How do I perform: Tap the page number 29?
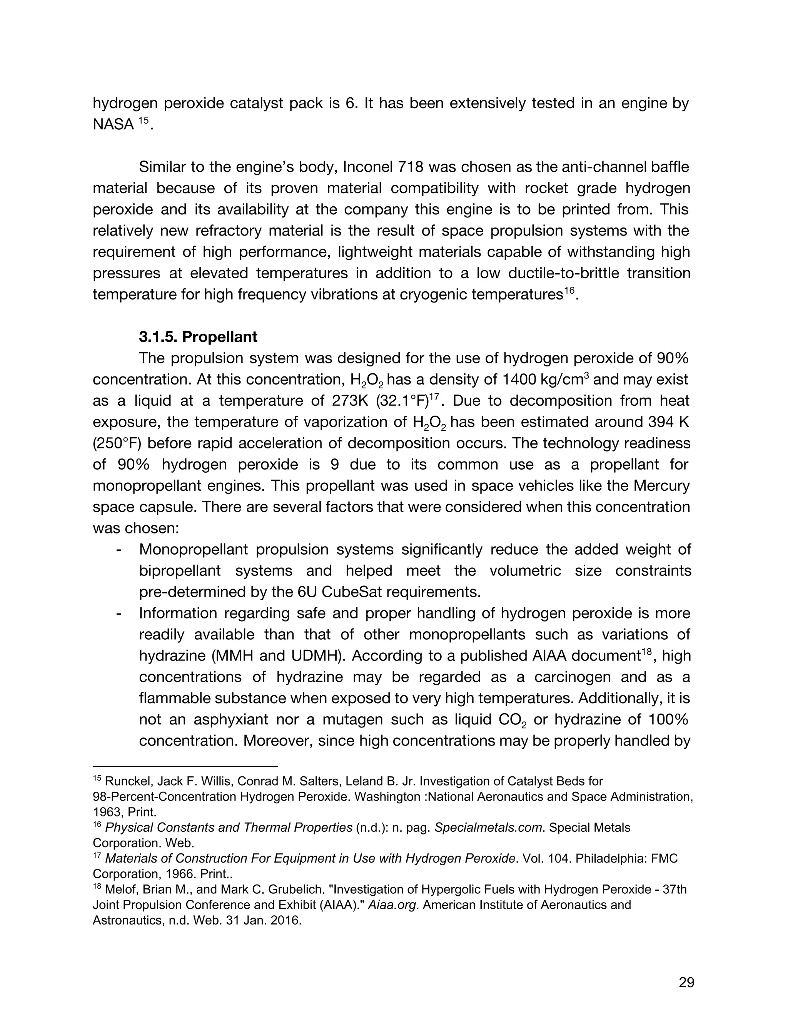686,982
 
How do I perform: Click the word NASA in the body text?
114,125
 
